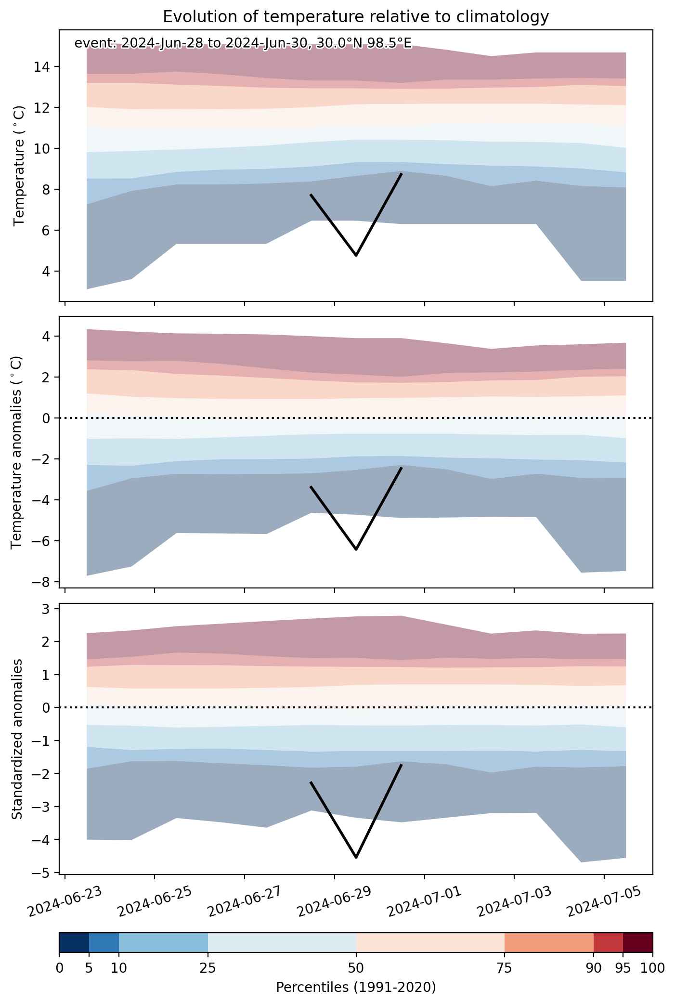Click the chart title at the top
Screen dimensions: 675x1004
click(x=356, y=17)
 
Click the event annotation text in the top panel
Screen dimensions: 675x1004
click(x=243, y=43)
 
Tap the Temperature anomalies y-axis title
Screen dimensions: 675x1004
click(x=17, y=452)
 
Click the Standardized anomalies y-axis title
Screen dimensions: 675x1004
click(x=17, y=739)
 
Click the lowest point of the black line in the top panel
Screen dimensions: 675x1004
click(x=356, y=255)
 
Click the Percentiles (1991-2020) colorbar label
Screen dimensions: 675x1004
click(x=356, y=988)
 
